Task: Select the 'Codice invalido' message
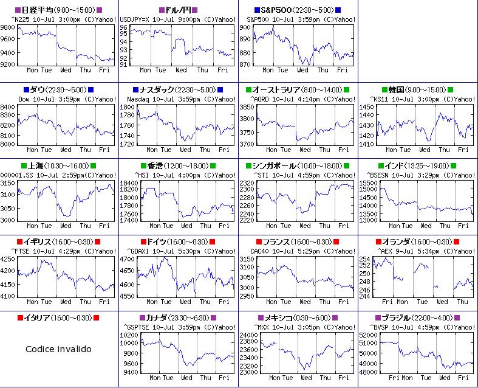(59, 349)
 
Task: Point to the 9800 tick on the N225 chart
(9, 28)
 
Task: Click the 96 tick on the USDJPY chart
(123, 28)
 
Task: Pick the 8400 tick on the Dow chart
(9, 107)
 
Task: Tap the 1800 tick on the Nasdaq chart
(128, 107)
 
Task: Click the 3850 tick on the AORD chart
(247, 107)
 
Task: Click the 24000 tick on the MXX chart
(249, 335)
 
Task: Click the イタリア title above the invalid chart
(58, 317)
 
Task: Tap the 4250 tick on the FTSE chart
(9, 259)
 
